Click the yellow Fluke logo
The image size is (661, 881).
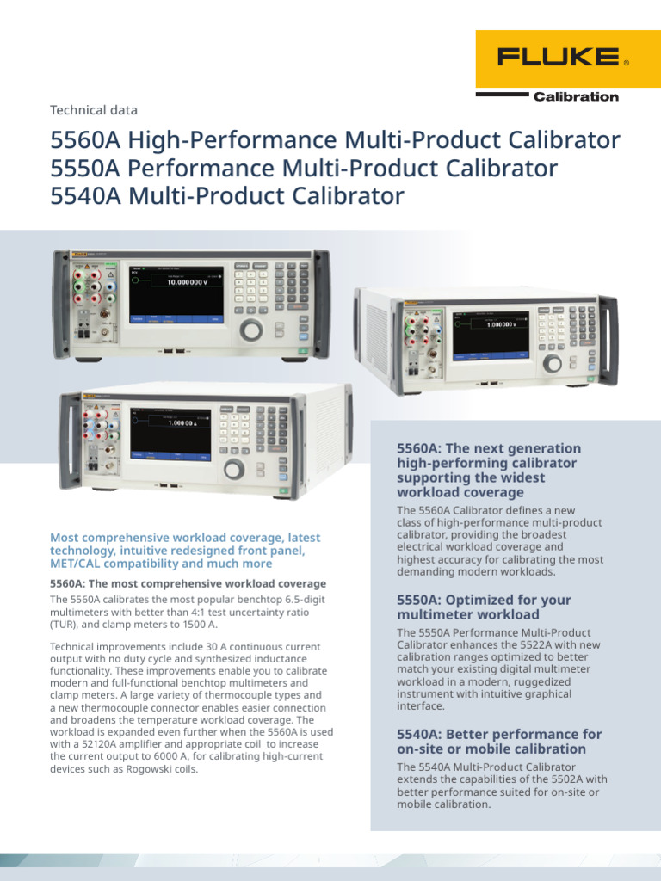coord(563,58)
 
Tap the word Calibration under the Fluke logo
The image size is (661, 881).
coord(576,96)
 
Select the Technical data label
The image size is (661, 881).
coord(94,110)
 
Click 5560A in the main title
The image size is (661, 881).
coord(85,139)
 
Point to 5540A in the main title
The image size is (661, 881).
coord(85,196)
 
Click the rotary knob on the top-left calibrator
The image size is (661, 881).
coord(251,329)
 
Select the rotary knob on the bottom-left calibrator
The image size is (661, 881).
coord(234,469)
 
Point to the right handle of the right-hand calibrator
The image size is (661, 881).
coord(608,340)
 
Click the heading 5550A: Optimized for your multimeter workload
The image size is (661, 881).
coord(484,607)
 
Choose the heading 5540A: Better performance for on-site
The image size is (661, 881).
coord(499,742)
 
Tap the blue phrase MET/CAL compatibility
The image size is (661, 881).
coord(116,564)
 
